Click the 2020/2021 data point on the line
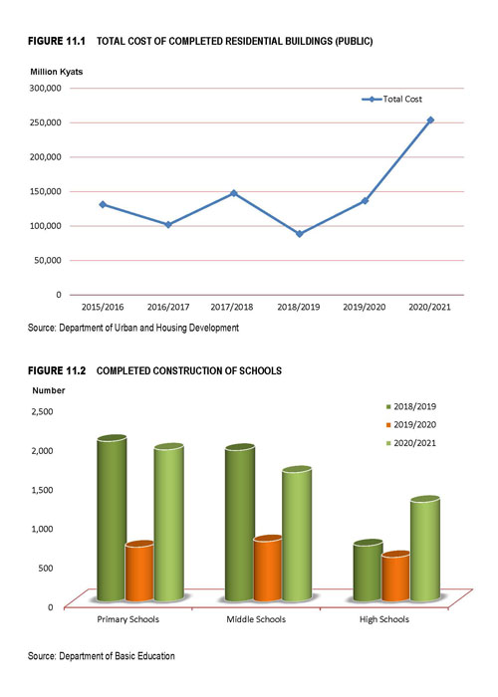click(430, 120)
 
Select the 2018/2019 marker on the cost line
click(299, 234)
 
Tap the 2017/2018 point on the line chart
click(234, 193)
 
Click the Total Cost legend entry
click(391, 100)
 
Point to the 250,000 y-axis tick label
click(46, 122)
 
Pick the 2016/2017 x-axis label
click(168, 307)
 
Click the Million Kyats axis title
click(57, 72)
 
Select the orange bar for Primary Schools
click(139, 572)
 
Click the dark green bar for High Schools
click(368, 571)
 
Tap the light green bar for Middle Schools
click(297, 534)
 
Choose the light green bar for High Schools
click(425, 549)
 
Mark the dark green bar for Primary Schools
click(112, 518)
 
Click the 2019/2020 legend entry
click(411, 424)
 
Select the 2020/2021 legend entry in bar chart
click(411, 443)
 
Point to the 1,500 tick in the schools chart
click(42, 490)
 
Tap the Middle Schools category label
click(256, 619)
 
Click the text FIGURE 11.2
click(57, 370)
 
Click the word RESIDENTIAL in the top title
click(254, 42)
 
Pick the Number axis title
click(49, 390)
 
